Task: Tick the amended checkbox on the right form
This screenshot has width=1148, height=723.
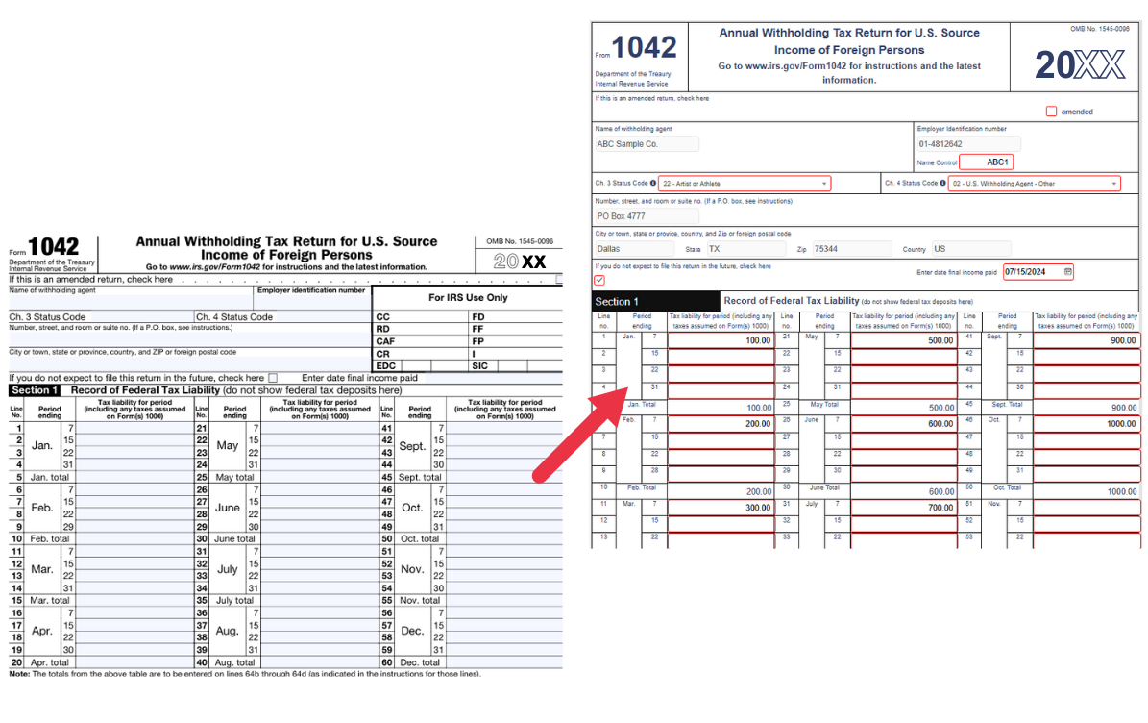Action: tap(1051, 112)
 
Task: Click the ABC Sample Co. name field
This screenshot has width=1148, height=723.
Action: tap(647, 144)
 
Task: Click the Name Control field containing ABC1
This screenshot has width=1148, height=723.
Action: tap(987, 162)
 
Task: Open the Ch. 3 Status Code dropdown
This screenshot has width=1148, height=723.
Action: tap(744, 184)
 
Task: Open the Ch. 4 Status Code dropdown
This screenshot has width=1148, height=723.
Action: tap(1034, 184)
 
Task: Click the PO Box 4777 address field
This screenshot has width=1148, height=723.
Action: tap(634, 216)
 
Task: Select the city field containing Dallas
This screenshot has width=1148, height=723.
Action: tap(634, 249)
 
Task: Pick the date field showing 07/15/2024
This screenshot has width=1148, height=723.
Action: tap(1038, 272)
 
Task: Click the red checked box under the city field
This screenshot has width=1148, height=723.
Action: tap(600, 280)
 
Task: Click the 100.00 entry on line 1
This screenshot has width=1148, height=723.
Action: tap(721, 340)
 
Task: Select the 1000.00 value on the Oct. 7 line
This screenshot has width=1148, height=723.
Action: tap(1087, 424)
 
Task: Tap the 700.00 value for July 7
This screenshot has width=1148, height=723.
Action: tap(904, 508)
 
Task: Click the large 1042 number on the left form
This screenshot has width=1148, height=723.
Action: tap(54, 248)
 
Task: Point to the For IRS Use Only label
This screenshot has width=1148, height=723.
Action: tap(468, 298)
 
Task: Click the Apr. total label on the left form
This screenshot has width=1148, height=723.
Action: tap(49, 662)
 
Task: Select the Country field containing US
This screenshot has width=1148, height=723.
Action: tap(970, 249)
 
